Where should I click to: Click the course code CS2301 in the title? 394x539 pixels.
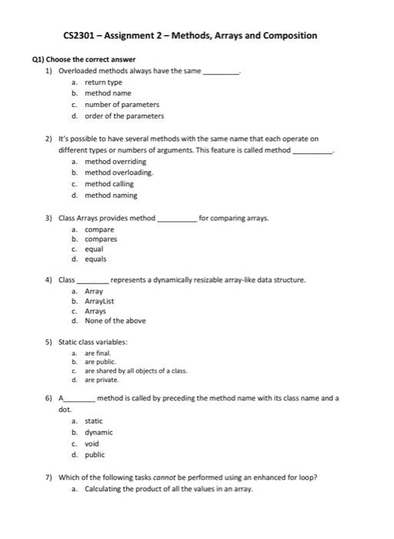[x=78, y=35]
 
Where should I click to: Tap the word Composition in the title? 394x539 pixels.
[x=287, y=35]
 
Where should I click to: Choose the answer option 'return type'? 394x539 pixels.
[x=103, y=82]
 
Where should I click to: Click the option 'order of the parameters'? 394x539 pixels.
[x=124, y=116]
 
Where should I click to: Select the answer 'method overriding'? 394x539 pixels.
[x=115, y=162]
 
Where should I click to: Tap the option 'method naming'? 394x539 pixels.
[x=111, y=196]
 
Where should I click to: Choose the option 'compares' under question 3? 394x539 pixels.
[x=101, y=239]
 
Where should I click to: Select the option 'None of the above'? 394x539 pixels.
[x=115, y=321]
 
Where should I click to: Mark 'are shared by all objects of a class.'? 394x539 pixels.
[x=135, y=371]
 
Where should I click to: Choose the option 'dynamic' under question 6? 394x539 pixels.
[x=98, y=433]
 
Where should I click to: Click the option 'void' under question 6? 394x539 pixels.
[x=92, y=444]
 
